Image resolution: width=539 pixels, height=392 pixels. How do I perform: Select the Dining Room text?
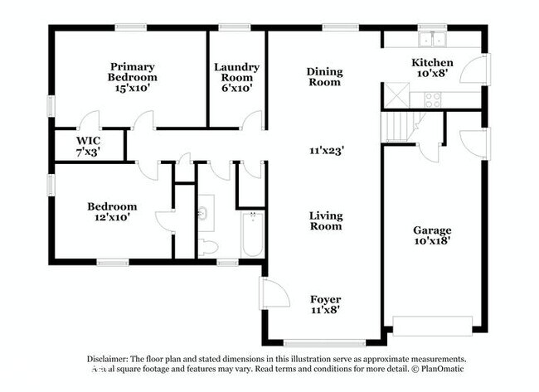coord(324,77)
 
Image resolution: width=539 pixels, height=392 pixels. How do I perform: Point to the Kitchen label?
coord(432,68)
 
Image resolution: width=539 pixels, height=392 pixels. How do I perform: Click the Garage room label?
coord(431,235)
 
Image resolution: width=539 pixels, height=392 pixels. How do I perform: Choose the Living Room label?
coord(326,220)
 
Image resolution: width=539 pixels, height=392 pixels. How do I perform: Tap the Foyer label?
coord(325,304)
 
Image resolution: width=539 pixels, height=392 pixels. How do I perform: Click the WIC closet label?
coord(88,146)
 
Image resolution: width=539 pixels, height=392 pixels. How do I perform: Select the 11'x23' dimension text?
coord(326,150)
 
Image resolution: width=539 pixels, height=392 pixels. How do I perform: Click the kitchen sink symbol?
coord(431,39)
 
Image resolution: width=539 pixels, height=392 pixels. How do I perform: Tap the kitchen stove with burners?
coord(432,100)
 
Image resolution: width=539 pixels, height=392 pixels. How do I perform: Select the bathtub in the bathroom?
coord(252,235)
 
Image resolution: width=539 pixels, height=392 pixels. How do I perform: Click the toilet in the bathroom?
coord(207,247)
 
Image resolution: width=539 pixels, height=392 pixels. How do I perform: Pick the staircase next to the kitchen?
coord(399,127)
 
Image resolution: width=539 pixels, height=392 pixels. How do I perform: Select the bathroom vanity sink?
coord(204,214)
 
